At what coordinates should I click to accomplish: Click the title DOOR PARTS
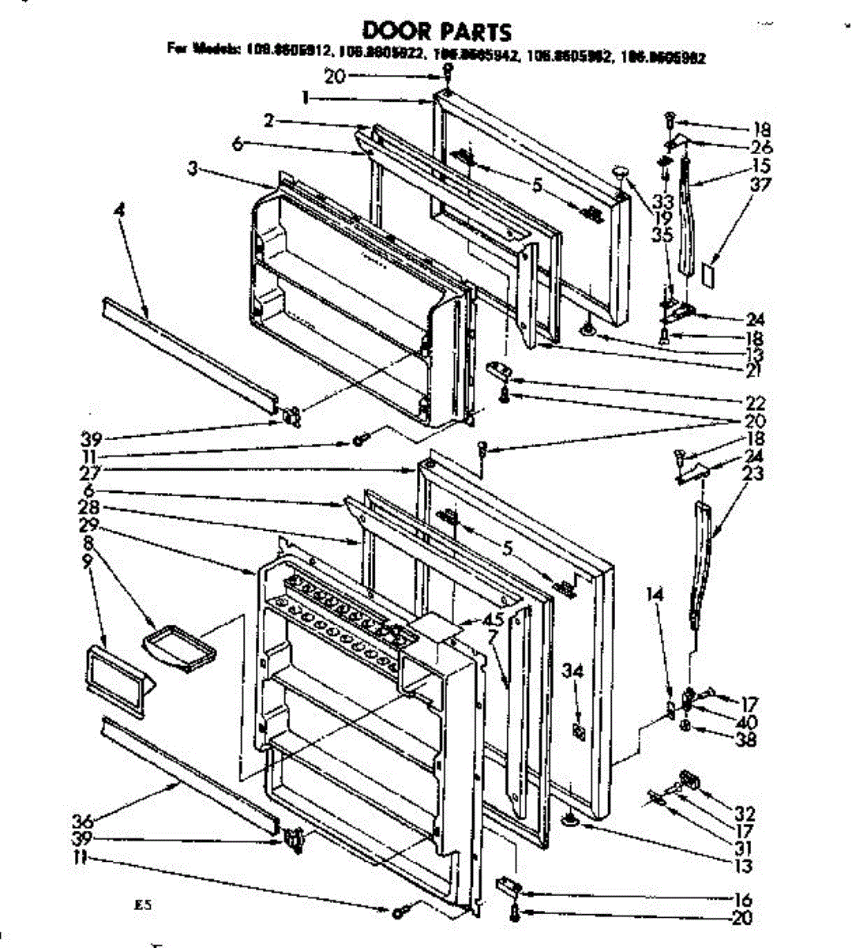pos(436,31)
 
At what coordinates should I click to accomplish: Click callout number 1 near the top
pos(304,99)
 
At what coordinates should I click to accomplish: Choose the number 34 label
pos(573,671)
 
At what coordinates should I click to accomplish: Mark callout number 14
pos(657,593)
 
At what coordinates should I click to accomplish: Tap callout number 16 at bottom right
pos(742,899)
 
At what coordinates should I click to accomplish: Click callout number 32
pos(745,814)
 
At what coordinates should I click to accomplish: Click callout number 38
pos(745,739)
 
